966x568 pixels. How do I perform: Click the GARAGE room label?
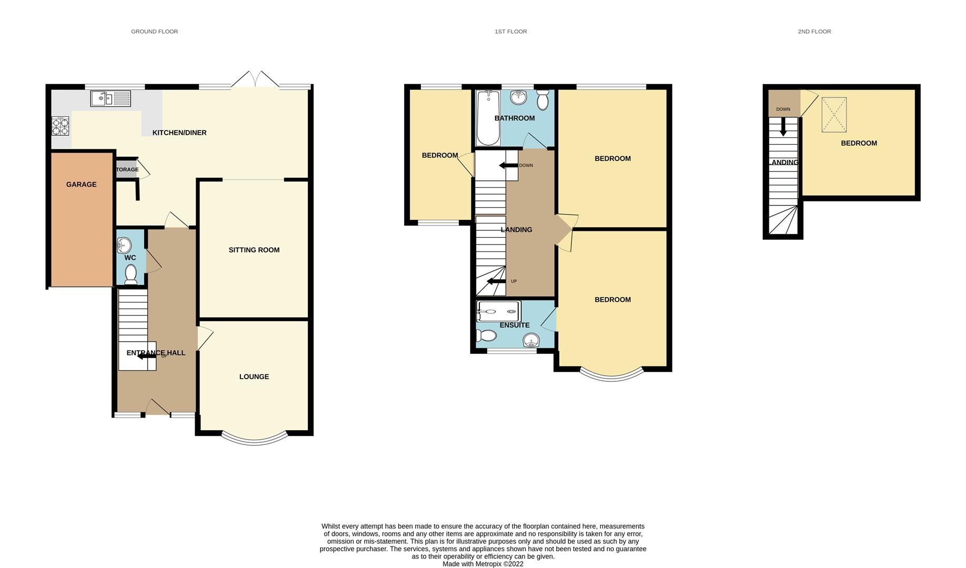(x=81, y=185)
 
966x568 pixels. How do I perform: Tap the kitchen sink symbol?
(x=110, y=98)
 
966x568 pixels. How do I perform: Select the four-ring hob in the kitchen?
(x=61, y=126)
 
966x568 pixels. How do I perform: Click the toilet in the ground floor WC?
(x=130, y=274)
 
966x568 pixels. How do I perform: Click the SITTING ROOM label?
(x=254, y=250)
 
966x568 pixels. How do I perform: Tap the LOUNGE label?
(x=254, y=377)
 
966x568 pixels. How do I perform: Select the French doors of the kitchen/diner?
(x=255, y=80)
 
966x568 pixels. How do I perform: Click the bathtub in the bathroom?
(x=488, y=118)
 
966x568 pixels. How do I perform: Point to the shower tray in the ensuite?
(x=498, y=311)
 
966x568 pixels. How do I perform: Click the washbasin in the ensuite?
(x=531, y=341)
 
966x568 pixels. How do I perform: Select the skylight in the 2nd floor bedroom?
(x=834, y=115)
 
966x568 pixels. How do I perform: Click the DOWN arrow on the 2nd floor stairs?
(x=783, y=126)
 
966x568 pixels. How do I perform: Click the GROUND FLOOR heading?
(x=154, y=32)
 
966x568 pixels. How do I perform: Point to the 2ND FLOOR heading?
(x=814, y=32)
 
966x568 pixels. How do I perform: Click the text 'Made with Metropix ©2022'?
(x=482, y=564)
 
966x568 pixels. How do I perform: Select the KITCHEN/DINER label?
(x=179, y=133)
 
